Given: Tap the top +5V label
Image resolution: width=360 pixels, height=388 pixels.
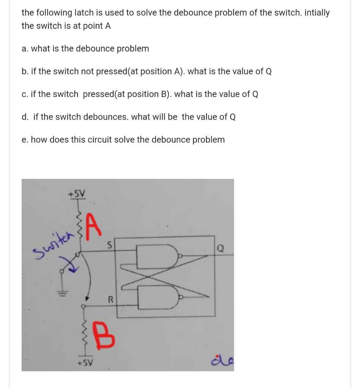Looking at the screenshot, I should pos(77,194).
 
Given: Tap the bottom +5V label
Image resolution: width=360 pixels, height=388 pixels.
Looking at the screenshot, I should pos(85,362).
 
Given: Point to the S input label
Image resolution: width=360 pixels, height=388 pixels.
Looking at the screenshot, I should pos(109,246).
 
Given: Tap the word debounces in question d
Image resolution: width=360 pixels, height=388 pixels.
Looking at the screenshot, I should pos(106,117).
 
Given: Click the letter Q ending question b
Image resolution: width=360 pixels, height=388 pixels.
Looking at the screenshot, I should pos(268,72).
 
